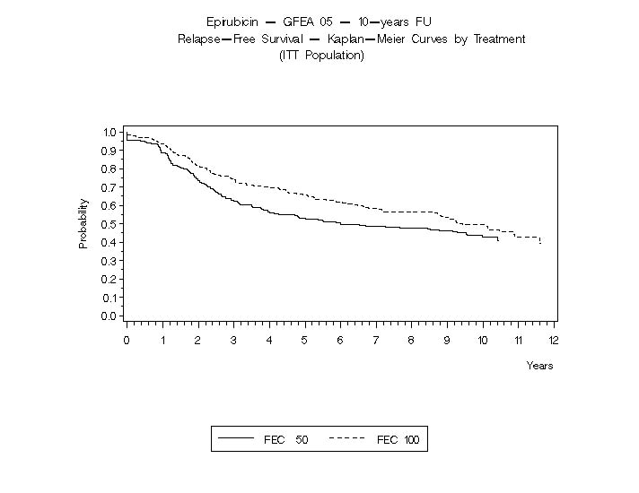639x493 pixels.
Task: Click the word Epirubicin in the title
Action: click(x=232, y=22)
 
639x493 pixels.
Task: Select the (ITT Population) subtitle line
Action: click(x=321, y=56)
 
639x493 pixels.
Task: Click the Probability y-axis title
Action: click(x=83, y=223)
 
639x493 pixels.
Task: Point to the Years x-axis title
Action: click(x=539, y=366)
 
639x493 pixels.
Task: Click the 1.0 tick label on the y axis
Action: click(x=109, y=133)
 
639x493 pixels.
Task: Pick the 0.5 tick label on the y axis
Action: click(x=109, y=224)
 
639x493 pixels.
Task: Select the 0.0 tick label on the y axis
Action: click(x=109, y=316)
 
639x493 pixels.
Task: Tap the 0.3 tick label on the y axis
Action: click(x=109, y=261)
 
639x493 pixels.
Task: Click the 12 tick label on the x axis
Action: click(x=554, y=340)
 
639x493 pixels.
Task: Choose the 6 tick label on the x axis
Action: click(x=340, y=340)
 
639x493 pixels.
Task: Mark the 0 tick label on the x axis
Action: click(x=127, y=340)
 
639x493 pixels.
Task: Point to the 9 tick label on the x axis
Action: click(x=447, y=340)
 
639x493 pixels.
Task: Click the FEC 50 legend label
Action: click(x=285, y=440)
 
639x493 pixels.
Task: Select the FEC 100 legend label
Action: click(x=398, y=440)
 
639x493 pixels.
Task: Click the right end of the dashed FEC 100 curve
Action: click(x=540, y=243)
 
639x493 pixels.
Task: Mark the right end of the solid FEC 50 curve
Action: click(x=498, y=241)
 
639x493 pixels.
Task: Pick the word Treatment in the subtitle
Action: click(x=498, y=39)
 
